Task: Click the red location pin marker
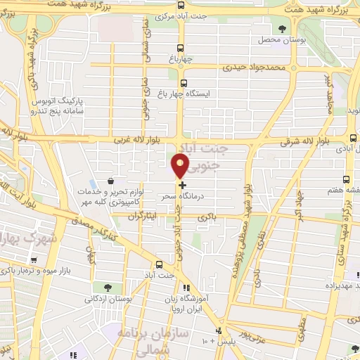pyautogui.click(x=181, y=167)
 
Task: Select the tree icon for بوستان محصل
pyautogui.click(x=282, y=29)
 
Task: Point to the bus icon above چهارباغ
pyautogui.click(x=181, y=49)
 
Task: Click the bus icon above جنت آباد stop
pyautogui.click(x=159, y=265)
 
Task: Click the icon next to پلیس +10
pyautogui.click(x=219, y=330)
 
